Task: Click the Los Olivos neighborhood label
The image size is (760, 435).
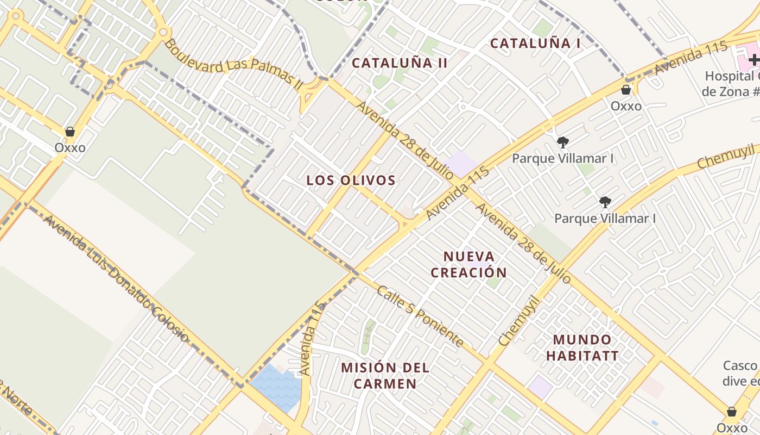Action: (351, 181)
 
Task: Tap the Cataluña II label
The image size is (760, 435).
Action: (400, 63)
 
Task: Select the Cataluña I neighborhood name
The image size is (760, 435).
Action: (535, 43)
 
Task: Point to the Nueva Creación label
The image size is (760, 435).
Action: (468, 264)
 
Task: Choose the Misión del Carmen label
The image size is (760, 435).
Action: (385, 375)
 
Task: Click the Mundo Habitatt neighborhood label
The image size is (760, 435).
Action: (582, 348)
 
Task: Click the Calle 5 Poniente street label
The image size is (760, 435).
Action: (421, 316)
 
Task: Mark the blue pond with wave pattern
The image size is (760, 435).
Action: (276, 387)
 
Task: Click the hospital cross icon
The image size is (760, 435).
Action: (754, 59)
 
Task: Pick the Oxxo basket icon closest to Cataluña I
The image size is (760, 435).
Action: (626, 90)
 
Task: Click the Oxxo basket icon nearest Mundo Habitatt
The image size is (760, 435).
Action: (732, 412)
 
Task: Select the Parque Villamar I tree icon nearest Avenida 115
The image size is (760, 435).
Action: (563, 142)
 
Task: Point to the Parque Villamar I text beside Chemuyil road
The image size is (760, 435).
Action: (605, 219)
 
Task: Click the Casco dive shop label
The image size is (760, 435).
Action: (741, 373)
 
